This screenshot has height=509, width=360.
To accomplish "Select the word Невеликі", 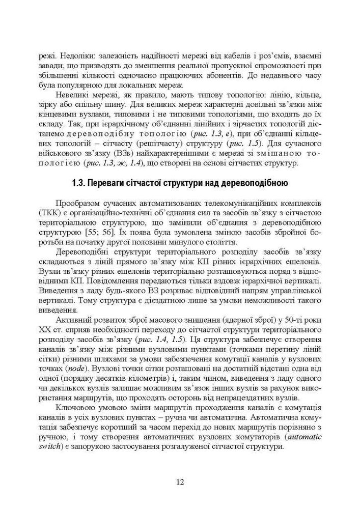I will pos(77,96).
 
